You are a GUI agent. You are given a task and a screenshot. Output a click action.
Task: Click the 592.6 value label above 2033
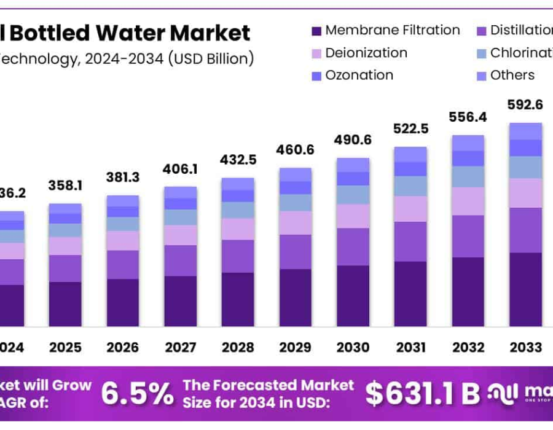click(x=525, y=105)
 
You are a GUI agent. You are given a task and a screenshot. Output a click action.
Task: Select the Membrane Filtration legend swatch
click(x=316, y=31)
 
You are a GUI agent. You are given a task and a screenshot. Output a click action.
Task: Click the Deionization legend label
click(x=366, y=53)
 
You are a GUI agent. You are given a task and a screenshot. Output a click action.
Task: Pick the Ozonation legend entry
click(x=359, y=76)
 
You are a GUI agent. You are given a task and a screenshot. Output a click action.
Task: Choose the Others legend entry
click(x=512, y=76)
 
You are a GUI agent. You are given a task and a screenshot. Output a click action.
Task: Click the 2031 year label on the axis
click(x=410, y=347)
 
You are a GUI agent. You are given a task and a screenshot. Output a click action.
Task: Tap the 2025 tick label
click(x=65, y=347)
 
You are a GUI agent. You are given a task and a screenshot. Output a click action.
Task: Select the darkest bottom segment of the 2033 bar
click(x=525, y=289)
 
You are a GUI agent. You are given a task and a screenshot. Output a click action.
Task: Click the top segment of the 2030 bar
click(x=353, y=165)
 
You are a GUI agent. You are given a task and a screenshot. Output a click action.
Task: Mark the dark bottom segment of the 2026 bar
click(x=122, y=302)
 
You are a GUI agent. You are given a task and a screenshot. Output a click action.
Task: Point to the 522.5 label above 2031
click(x=410, y=129)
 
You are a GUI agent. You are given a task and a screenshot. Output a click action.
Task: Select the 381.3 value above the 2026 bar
click(x=122, y=178)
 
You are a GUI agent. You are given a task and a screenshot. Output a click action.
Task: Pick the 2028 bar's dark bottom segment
click(x=237, y=299)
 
